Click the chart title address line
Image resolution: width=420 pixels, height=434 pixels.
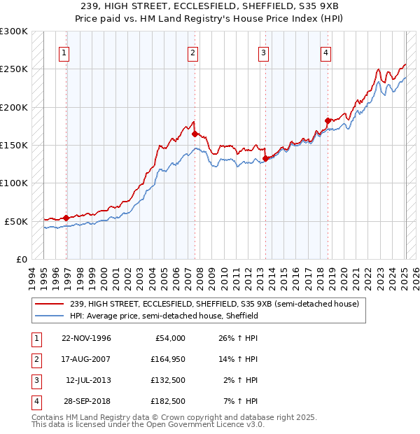click(210, 6)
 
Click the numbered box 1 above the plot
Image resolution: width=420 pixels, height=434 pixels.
click(64, 52)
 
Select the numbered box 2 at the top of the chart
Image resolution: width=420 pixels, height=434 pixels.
click(192, 52)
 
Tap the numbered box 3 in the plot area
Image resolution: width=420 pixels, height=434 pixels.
click(263, 52)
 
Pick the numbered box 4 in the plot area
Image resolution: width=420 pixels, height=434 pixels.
click(326, 52)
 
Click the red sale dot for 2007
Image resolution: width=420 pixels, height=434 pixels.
click(195, 134)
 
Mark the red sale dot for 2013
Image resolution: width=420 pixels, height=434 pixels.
click(265, 158)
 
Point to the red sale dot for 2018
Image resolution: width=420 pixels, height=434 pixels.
click(328, 120)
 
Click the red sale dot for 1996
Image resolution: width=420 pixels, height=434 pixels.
click(66, 218)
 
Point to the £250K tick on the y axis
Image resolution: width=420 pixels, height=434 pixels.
click(15, 69)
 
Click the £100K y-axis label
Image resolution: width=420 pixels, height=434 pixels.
click(15, 183)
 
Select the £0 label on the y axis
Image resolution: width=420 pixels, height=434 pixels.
click(22, 259)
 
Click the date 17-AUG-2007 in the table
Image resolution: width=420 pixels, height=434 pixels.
click(85, 360)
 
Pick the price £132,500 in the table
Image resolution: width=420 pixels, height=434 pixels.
click(167, 380)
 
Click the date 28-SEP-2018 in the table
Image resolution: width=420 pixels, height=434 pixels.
click(85, 401)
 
